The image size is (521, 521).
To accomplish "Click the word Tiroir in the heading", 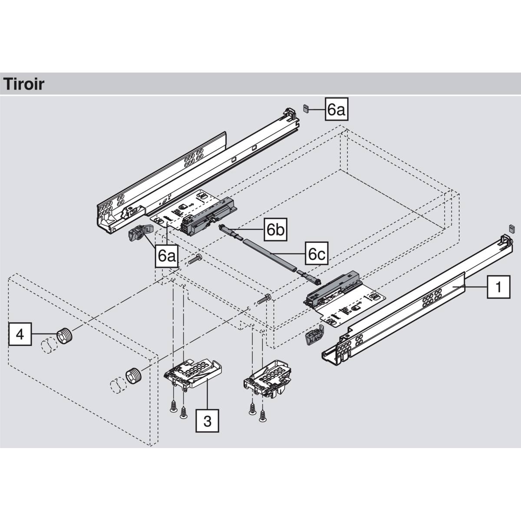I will pyautogui.click(x=24, y=83).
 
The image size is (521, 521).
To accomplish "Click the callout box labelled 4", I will pyautogui.click(x=20, y=334).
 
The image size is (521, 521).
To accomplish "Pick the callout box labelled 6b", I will pyautogui.click(x=276, y=230).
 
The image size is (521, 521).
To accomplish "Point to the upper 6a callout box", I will pyautogui.click(x=336, y=109).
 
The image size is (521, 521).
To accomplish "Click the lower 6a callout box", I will pyautogui.click(x=166, y=256).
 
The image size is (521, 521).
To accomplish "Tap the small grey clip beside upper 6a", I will pyautogui.click(x=305, y=108).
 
